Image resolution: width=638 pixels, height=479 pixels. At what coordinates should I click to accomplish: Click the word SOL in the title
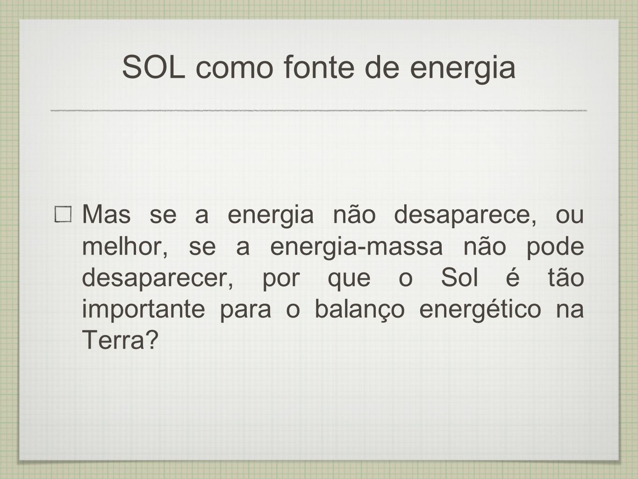(154, 67)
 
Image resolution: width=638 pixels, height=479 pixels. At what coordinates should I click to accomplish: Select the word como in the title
(234, 70)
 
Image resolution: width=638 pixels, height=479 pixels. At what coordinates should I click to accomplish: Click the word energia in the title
(462, 70)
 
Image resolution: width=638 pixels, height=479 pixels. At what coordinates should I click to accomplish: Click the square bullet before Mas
(63, 214)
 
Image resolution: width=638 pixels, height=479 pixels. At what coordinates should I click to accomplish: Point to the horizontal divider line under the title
(319, 110)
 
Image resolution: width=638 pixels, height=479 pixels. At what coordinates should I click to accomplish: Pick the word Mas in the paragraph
(107, 214)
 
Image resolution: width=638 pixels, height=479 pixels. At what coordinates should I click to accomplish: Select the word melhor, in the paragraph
(125, 247)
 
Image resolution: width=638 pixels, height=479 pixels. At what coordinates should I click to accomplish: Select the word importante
(143, 311)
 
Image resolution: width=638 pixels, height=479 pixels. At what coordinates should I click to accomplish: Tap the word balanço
(359, 310)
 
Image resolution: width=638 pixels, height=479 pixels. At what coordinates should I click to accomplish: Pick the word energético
(480, 311)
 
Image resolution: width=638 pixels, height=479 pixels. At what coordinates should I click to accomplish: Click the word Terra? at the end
(120, 340)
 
